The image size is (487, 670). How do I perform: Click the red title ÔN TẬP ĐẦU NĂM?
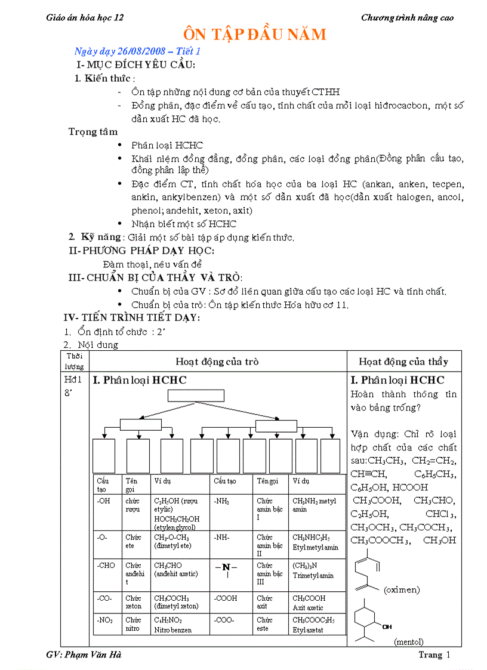pyautogui.click(x=254, y=35)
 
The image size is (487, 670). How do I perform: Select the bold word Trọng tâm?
pyautogui.click(x=93, y=132)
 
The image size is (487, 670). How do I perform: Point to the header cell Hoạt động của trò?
pyautogui.click(x=217, y=362)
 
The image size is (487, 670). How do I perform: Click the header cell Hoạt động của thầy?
pyautogui.click(x=403, y=362)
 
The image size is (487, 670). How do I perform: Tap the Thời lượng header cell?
pyautogui.click(x=75, y=362)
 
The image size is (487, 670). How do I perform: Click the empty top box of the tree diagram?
pyautogui.click(x=196, y=396)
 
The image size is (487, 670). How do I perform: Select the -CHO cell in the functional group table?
pyautogui.click(x=106, y=566)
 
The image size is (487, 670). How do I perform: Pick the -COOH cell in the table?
pyautogui.click(x=226, y=598)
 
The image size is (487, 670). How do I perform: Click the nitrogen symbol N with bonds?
pyautogui.click(x=226, y=567)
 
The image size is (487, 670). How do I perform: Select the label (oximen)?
pyautogui.click(x=402, y=590)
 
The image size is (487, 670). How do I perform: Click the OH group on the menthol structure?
pyautogui.click(x=387, y=626)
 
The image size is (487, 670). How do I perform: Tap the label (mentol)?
pyautogui.click(x=409, y=642)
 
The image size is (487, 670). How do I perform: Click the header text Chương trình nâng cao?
pyautogui.click(x=407, y=18)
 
